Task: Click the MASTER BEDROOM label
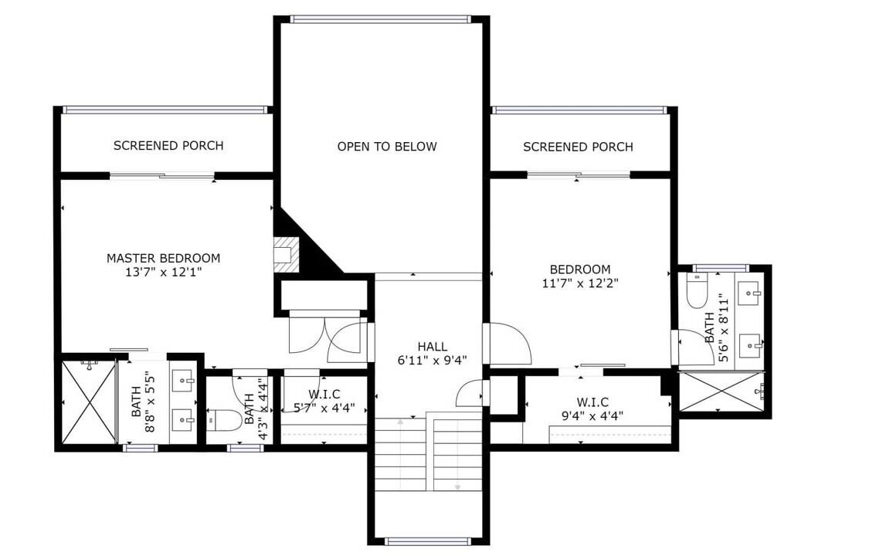point(163,258)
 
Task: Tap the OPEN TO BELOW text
point(386,146)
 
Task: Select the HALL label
point(432,347)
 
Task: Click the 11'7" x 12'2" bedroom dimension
point(580,283)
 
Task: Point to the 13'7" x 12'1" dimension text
point(163,273)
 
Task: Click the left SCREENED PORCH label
point(168,146)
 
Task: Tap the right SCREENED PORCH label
point(578,147)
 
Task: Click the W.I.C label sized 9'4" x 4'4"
point(592,402)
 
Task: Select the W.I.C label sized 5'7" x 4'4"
point(324,395)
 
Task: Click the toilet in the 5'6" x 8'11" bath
point(697,290)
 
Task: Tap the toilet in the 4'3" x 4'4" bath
point(224,420)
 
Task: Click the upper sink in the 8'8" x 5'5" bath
point(182,381)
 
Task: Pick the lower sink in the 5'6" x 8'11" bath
point(750,345)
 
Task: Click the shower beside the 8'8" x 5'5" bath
point(89,402)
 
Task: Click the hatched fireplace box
point(287,254)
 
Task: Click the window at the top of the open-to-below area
point(381,19)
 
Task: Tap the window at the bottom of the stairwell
point(429,541)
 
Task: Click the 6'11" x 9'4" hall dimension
point(432,361)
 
